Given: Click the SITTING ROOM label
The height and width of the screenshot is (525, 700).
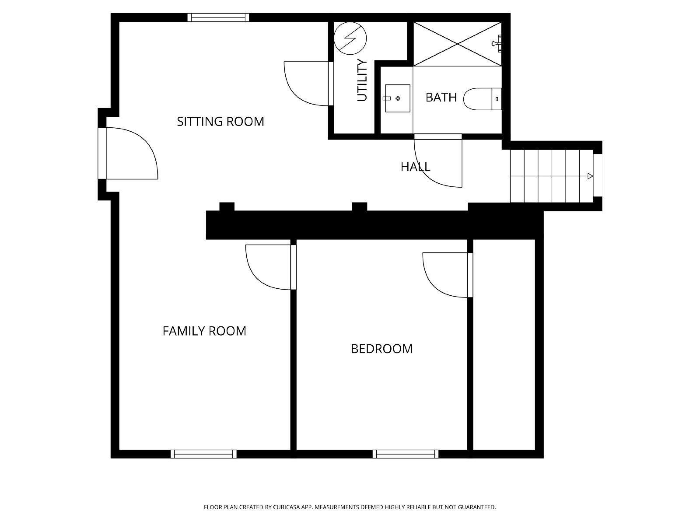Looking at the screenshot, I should click(x=220, y=121).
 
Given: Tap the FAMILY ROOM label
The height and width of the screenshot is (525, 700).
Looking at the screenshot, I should click(x=204, y=331).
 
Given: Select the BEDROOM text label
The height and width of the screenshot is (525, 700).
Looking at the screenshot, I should click(x=381, y=349).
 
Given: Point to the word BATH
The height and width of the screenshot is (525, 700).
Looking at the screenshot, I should click(x=441, y=97).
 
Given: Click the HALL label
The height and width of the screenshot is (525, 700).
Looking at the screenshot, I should click(x=415, y=167).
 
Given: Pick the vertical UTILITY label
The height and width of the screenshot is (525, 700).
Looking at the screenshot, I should click(x=362, y=80).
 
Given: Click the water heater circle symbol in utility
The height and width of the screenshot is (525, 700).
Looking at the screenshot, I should click(x=350, y=38).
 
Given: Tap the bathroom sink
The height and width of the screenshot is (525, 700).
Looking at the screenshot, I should click(x=397, y=98).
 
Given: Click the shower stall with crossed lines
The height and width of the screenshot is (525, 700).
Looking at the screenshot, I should click(x=457, y=44).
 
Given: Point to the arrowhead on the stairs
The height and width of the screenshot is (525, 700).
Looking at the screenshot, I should click(x=590, y=176).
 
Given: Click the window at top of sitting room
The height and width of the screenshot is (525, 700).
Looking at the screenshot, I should click(x=218, y=17).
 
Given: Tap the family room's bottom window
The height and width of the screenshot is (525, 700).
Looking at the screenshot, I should click(x=203, y=454).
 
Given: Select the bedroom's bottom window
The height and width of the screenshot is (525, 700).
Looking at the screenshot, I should click(x=405, y=454).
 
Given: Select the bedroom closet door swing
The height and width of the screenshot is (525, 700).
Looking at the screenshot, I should click(x=446, y=275).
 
